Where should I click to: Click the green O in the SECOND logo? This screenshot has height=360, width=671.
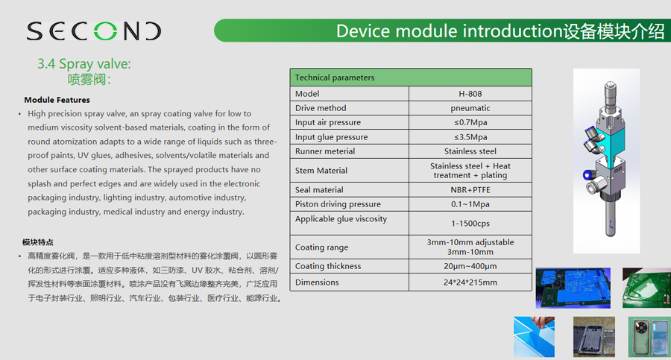pos(105,31)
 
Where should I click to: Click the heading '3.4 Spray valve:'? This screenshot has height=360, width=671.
pos(84,64)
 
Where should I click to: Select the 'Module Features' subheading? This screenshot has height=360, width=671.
pos(57,100)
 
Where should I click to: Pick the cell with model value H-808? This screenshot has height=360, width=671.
pos(470,94)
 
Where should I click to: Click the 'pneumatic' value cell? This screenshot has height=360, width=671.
pos(470,108)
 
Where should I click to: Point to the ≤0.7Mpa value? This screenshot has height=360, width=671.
pos(470,122)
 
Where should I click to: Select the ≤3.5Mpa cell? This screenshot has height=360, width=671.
pos(470,137)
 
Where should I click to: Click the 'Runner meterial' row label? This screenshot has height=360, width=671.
pos(325,151)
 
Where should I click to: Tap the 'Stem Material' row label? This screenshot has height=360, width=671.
pos(321,171)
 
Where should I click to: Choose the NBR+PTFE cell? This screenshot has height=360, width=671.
pos(470,189)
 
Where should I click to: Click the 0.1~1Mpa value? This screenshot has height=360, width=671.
pos(470,204)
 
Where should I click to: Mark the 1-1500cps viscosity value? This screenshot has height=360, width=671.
pos(470,224)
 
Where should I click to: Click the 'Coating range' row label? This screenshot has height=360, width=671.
pos(321,247)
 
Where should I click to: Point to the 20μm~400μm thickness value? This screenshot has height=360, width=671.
pos(470,266)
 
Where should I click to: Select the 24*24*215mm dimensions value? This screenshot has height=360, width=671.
pos(470,282)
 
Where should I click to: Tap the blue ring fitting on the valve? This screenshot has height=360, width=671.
pos(587,174)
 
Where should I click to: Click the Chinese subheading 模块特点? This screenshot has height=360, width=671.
pos(38,242)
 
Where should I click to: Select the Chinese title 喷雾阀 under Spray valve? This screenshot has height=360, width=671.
pos(89,79)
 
